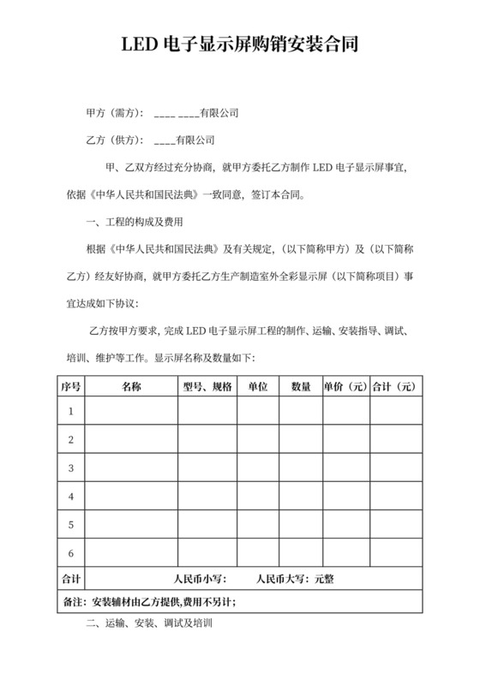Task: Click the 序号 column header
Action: (71, 386)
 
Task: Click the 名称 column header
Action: (131, 386)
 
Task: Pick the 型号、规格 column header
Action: (207, 386)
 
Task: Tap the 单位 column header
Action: (258, 386)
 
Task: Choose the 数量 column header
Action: (301, 386)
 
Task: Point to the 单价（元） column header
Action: (345, 386)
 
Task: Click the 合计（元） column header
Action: (396, 386)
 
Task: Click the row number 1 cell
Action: (71, 412)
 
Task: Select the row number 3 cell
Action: (71, 468)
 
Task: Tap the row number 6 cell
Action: (71, 552)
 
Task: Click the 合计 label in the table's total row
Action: (71, 579)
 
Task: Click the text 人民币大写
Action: (280, 579)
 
